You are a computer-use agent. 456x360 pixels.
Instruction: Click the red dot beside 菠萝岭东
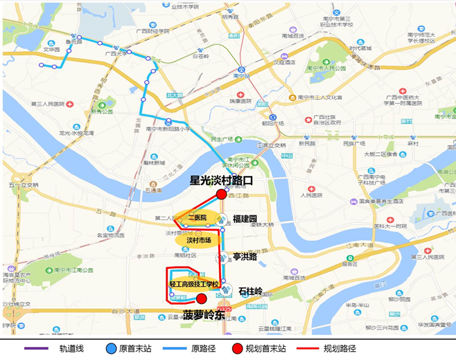(201, 299)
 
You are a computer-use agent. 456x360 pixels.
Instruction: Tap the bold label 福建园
(245, 217)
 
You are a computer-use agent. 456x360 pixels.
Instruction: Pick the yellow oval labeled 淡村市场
(199, 240)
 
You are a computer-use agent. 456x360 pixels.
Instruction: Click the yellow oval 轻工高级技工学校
(194, 284)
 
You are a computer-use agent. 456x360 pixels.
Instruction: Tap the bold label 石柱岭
(250, 291)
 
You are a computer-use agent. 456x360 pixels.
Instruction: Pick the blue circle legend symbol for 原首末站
(112, 348)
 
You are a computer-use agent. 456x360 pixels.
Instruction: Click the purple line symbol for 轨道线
(37, 348)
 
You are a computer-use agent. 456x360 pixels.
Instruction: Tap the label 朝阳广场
(273, 122)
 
